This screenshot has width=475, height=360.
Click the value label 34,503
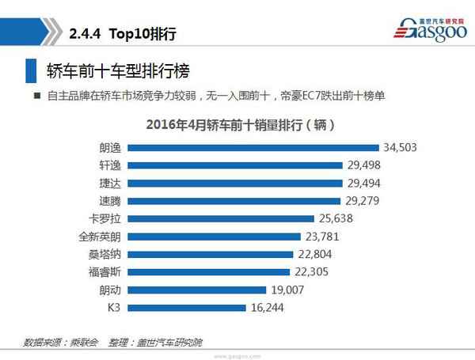click(x=400, y=147)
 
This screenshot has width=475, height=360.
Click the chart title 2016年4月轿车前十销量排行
click(x=237, y=125)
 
